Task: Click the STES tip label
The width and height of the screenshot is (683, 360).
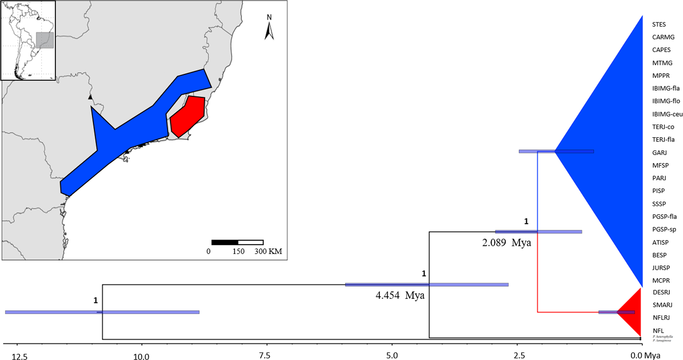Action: click(659, 24)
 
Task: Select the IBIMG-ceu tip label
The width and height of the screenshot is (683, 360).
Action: click(667, 114)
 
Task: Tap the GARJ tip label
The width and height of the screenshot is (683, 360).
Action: click(659, 152)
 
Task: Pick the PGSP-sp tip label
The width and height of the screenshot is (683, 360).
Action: click(664, 229)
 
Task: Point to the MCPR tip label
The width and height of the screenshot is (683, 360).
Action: click(661, 280)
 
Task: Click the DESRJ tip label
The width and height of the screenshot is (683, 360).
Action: click(661, 292)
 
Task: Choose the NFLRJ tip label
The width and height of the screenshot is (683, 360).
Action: click(661, 318)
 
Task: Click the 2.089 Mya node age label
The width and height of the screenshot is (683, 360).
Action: click(506, 243)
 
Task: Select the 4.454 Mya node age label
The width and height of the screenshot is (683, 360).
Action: click(400, 295)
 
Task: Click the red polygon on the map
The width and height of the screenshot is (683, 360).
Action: click(188, 116)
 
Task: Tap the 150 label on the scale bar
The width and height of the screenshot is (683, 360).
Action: click(238, 251)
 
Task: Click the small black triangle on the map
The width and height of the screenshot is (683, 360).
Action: click(90, 97)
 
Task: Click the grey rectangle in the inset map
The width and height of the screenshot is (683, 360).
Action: click(45, 40)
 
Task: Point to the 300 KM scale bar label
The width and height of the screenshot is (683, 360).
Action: click(268, 251)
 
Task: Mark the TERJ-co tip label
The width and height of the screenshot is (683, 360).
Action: click(663, 127)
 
